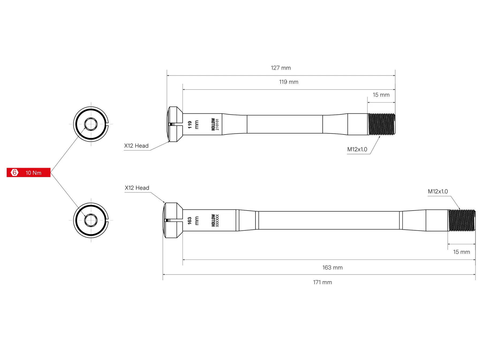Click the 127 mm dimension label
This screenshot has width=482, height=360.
281,68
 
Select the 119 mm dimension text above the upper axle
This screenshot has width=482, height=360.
289,82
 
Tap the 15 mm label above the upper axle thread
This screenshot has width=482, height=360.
381,95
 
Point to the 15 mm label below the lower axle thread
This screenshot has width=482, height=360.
461,252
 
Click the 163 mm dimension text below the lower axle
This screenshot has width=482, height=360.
332,268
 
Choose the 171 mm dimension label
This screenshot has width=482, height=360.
322,282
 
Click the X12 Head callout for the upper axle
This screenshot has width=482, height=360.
136,146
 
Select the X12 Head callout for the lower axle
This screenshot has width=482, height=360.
137,188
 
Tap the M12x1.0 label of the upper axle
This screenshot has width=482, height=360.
357,149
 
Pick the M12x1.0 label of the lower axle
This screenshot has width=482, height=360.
438,192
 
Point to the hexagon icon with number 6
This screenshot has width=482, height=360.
14,172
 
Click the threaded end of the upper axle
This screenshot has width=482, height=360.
382,124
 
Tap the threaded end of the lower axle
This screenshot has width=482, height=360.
462,220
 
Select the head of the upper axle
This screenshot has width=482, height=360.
175,124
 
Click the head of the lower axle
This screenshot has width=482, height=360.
173,220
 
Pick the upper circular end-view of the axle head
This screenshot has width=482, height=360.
91,124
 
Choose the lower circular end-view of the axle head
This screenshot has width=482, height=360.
91,220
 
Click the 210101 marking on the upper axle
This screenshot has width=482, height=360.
217,125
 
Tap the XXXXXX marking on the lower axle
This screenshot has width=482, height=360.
217,220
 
